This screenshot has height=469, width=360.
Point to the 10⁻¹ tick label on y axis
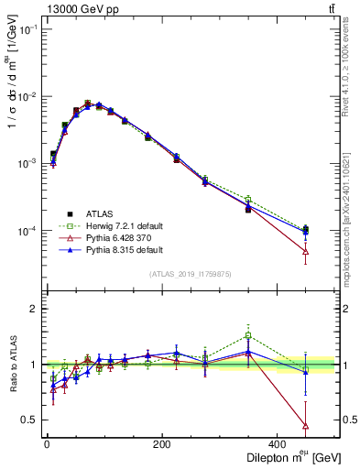26,30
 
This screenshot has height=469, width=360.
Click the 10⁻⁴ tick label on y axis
26,231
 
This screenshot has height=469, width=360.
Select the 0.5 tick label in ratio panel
27,420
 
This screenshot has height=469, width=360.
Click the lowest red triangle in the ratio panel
305,426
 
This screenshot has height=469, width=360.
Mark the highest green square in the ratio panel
247,336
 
